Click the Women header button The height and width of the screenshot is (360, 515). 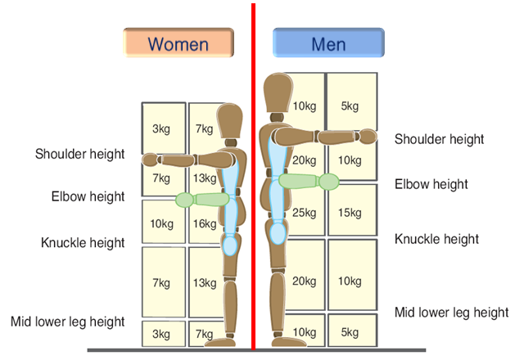tap(178, 43)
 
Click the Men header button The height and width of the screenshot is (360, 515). tap(328, 43)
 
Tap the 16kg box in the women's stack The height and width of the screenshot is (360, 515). tap(205, 223)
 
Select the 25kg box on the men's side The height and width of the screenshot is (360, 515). tap(304, 213)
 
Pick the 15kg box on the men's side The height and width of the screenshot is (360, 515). tap(350, 213)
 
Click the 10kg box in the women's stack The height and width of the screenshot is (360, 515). tap(161, 223)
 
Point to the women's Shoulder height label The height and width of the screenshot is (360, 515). tap(79, 154)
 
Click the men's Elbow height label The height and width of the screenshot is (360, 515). tap(431, 184)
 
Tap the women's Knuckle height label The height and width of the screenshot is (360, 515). tap(83, 242)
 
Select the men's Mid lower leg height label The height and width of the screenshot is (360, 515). tap(451, 312)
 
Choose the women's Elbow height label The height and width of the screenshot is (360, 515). tap(88, 196)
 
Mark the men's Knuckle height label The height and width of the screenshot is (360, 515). tap(436, 239)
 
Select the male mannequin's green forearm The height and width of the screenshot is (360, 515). tap(303, 181)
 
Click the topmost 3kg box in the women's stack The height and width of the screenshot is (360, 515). tap(161, 128)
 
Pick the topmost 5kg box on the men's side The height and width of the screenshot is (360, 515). tap(350, 105)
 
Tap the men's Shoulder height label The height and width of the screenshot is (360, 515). tap(439, 139)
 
